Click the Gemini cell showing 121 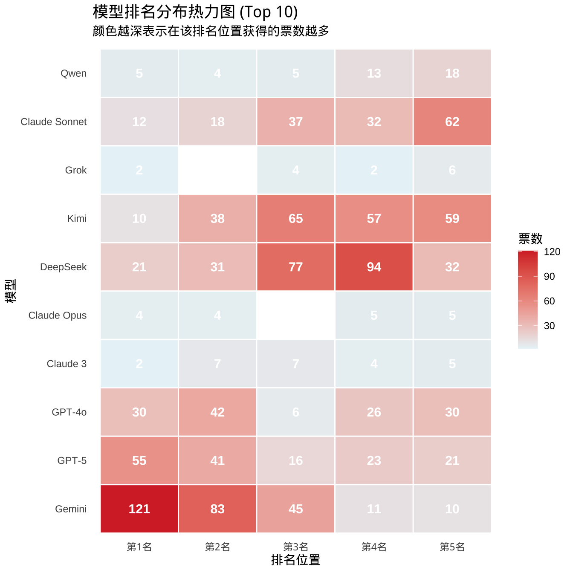(139, 509)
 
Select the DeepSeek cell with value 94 (374, 267)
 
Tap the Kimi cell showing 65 (295, 218)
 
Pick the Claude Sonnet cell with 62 (452, 122)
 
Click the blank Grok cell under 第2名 (217, 170)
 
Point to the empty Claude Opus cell (295, 315)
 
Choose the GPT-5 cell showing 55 (139, 460)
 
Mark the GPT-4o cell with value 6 (295, 412)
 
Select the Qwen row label (73, 73)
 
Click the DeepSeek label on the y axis (63, 267)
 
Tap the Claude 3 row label (67, 364)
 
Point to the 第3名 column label (295, 547)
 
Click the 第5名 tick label (452, 547)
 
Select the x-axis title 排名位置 (295, 560)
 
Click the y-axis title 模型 (11, 291)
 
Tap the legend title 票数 (530, 238)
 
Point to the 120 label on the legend (552, 252)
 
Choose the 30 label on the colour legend (550, 326)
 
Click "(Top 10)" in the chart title (269, 12)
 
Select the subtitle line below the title (211, 31)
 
